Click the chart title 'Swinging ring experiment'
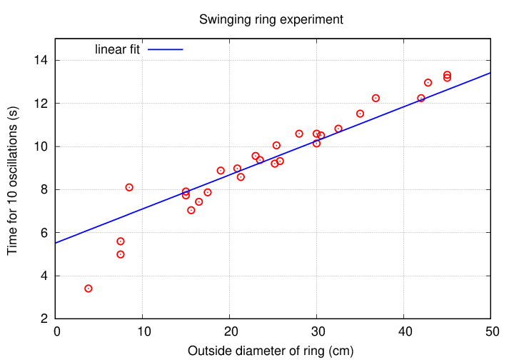click(x=271, y=19)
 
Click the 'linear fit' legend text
click(x=117, y=50)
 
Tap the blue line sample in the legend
click(x=166, y=50)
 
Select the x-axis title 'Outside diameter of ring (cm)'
click(x=271, y=351)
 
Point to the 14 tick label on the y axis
click(x=42, y=61)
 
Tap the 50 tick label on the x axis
click(x=490, y=332)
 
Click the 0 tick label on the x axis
click(x=56, y=332)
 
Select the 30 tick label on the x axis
click(x=316, y=332)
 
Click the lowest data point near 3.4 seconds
click(x=89, y=289)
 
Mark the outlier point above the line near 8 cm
click(x=129, y=187)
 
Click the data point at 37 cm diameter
click(x=376, y=98)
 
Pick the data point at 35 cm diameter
click(x=360, y=114)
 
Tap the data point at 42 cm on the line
click(x=421, y=98)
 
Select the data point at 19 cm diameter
click(x=221, y=171)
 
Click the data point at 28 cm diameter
click(x=299, y=134)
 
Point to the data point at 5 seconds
click(x=121, y=254)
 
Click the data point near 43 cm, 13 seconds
click(x=428, y=83)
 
